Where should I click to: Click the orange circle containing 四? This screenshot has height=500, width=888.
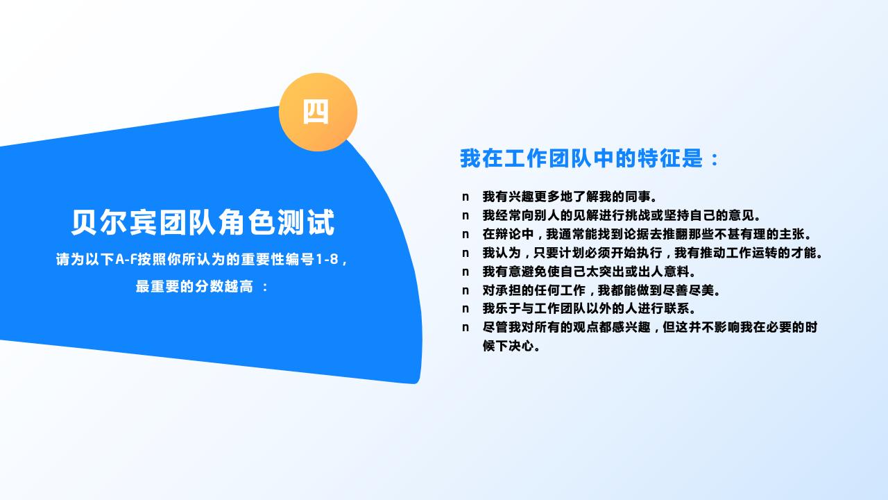[x=318, y=112]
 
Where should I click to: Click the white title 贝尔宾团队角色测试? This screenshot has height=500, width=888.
[x=203, y=222]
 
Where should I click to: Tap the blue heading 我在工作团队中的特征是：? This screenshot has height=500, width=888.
[x=590, y=158]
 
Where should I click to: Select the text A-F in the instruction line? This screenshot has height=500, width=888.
[x=126, y=260]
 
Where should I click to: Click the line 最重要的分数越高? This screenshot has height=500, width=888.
[x=194, y=286]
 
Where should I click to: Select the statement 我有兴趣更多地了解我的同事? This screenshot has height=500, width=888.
[x=570, y=197]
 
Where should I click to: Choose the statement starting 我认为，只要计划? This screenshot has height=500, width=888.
[x=653, y=253]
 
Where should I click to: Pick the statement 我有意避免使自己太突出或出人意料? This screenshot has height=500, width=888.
[x=589, y=272]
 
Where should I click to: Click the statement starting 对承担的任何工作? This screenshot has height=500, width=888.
[x=601, y=290]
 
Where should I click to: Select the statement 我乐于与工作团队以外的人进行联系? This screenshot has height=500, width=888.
[x=589, y=308]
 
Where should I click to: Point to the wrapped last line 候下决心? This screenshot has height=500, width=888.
[x=511, y=346]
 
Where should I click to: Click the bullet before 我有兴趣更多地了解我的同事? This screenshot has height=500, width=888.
[x=466, y=197]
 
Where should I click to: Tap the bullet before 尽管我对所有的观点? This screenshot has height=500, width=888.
[x=466, y=328]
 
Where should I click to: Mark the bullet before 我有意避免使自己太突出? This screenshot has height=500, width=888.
[x=466, y=272]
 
